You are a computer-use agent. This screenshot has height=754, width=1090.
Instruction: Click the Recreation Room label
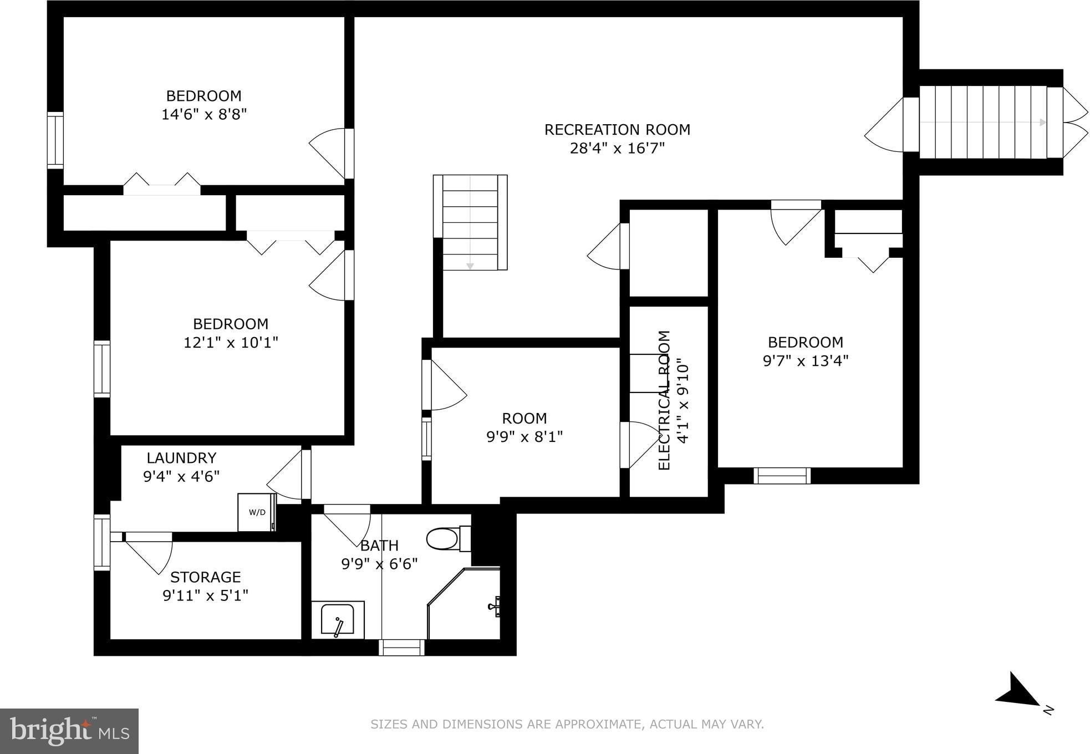tap(617, 130)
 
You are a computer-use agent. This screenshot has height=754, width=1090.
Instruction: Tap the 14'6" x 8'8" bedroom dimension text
tap(204, 115)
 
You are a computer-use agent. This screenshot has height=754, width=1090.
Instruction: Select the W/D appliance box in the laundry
tap(257, 512)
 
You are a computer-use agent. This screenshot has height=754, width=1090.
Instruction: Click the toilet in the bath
tap(449, 538)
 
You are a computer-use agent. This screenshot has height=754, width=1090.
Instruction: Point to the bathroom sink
tap(338, 620)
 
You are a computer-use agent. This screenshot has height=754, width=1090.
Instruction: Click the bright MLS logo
tap(69, 731)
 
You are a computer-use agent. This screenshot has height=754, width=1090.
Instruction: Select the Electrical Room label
tap(664, 400)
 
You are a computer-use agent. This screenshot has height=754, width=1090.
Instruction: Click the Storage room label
tap(205, 577)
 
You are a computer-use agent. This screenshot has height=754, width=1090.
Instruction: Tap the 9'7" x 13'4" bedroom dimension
tap(806, 361)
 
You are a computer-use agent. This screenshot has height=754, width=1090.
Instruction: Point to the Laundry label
tap(181, 458)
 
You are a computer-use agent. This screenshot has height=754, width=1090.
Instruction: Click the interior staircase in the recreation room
tap(470, 222)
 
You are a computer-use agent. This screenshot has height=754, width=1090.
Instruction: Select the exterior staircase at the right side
tap(991, 123)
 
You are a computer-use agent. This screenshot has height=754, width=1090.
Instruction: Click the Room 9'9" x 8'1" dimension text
tap(524, 437)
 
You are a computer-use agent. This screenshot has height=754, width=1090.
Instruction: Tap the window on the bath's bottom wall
tap(401, 648)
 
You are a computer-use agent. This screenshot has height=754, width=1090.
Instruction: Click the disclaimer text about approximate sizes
tap(567, 724)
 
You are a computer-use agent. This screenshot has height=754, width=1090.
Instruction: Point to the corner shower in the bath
tap(464, 603)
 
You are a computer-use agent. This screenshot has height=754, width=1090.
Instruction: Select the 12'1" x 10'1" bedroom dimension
tap(231, 343)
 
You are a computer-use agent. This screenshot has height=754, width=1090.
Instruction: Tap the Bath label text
tap(379, 546)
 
